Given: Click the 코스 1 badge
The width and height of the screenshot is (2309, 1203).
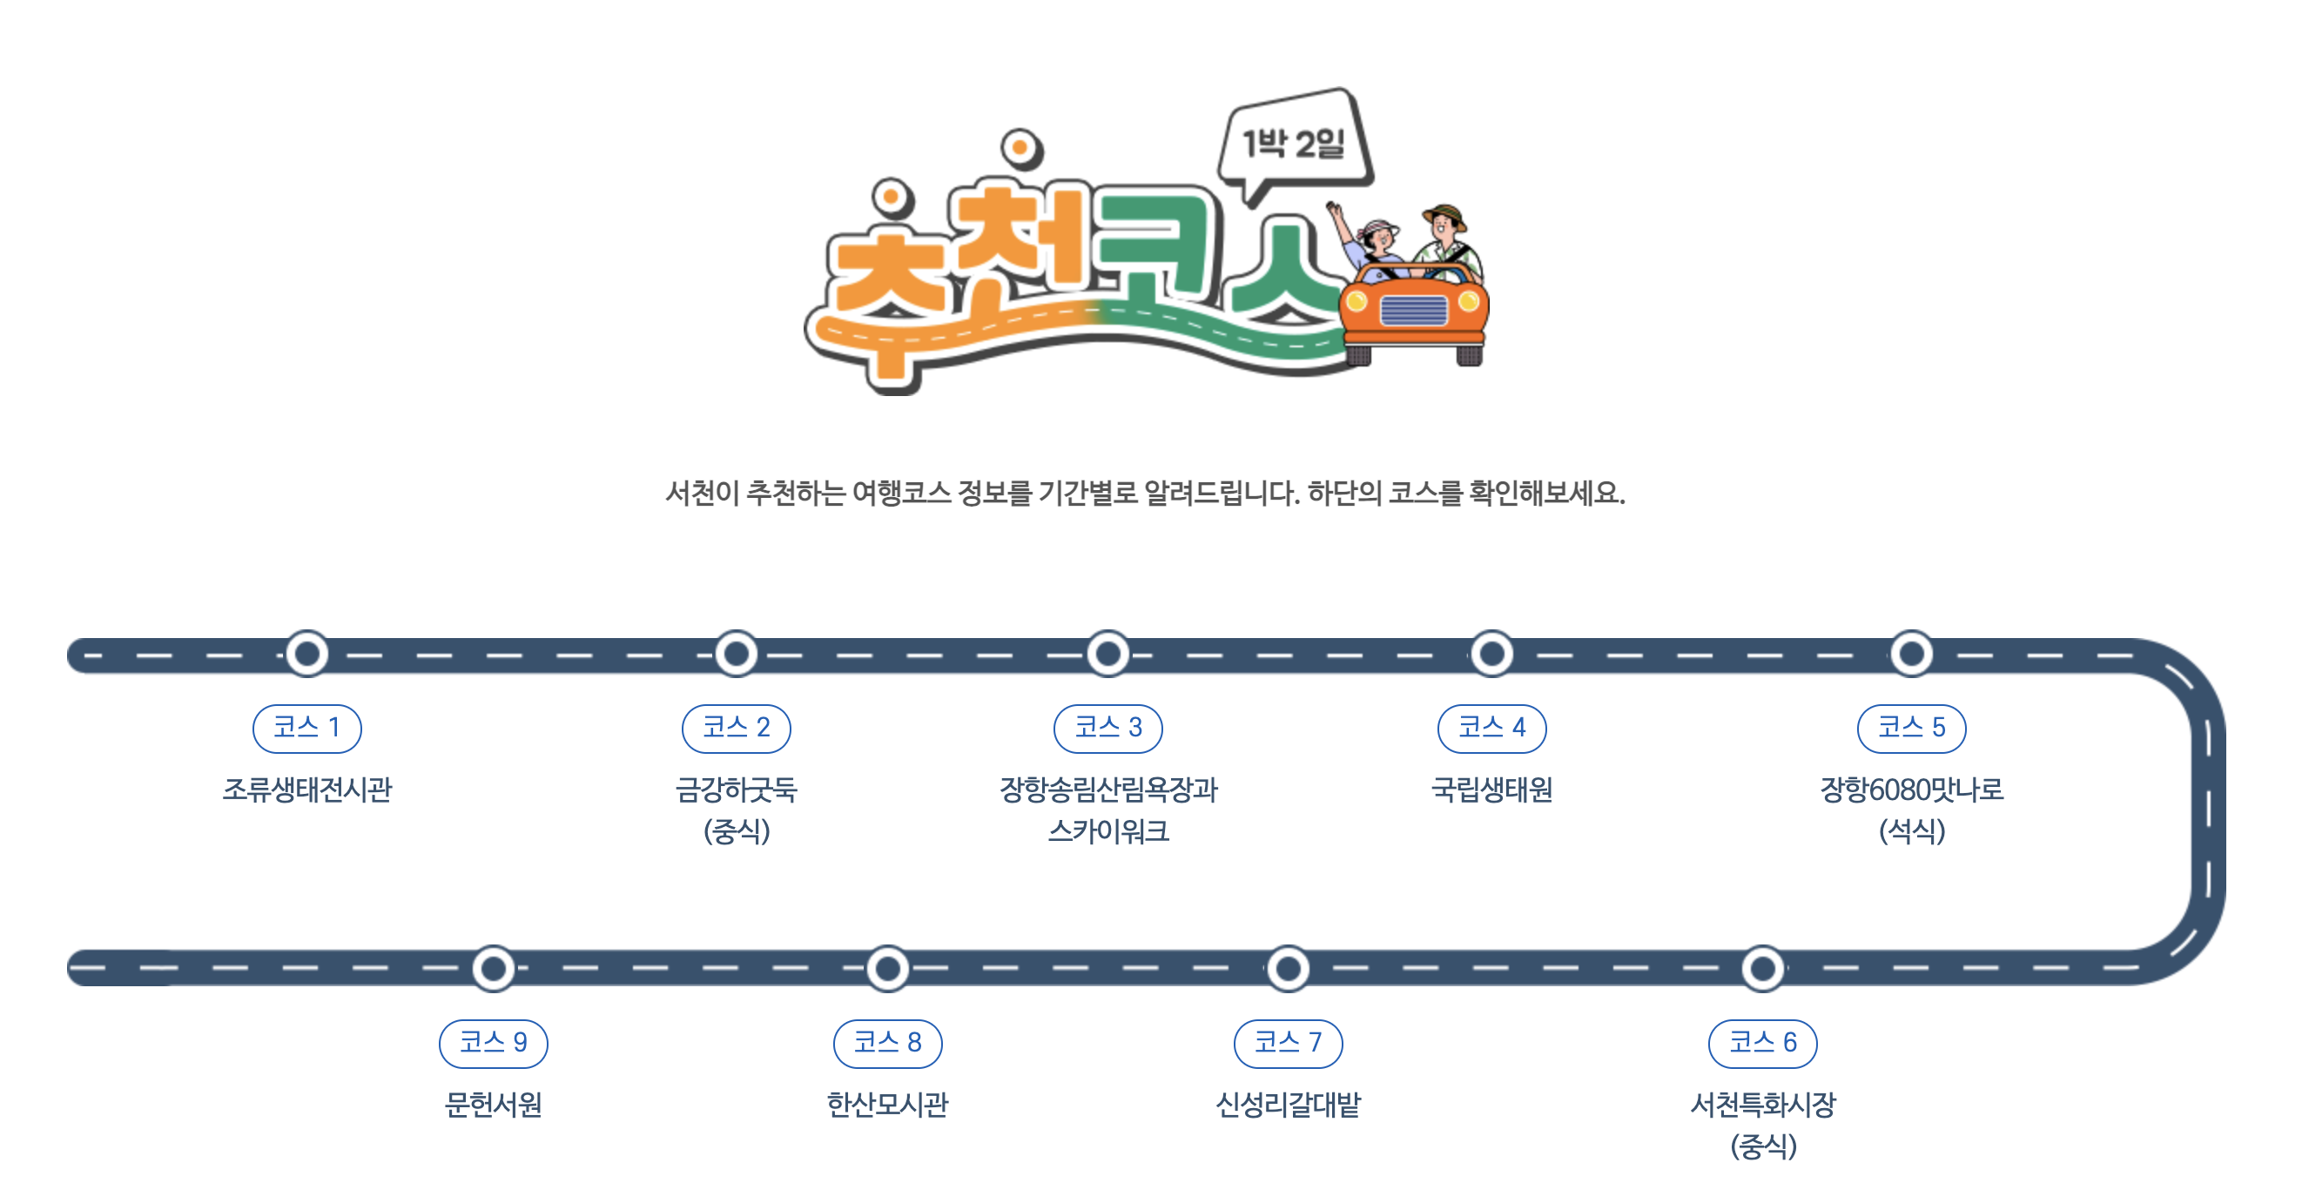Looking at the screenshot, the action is point(306,728).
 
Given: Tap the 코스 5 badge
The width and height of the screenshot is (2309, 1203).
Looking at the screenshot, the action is point(1911,728).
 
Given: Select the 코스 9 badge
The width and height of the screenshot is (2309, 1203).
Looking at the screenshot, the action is point(493,1043).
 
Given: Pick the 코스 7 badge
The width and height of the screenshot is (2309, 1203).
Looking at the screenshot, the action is point(1287,1043).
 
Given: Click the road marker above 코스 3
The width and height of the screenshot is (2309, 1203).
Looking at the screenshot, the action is point(1107,654).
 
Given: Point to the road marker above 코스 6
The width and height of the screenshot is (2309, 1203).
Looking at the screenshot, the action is point(1762,968).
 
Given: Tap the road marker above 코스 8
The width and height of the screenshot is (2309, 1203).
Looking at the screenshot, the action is point(887,968).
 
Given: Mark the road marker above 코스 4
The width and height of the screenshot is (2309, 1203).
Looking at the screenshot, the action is point(1491,654).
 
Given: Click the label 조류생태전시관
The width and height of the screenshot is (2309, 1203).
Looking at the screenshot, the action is point(306,790).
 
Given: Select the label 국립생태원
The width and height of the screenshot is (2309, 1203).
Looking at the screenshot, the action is point(1491,790).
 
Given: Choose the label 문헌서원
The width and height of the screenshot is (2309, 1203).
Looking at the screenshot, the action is point(493,1105).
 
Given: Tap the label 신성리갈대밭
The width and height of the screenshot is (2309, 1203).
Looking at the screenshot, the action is point(1287,1105).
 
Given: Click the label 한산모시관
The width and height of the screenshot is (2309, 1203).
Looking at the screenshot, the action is point(887,1105).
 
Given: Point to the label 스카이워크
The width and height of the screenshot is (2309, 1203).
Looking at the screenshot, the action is point(1107,831).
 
